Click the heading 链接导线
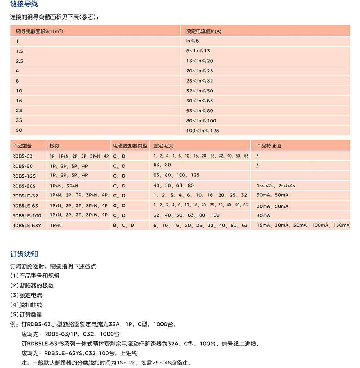point(24,5)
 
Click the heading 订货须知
point(24,254)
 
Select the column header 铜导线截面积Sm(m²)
point(40,31)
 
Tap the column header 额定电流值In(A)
point(203,31)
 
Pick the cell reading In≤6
point(193,41)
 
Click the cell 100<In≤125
point(203,131)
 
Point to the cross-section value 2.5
point(20,61)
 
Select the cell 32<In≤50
point(200,91)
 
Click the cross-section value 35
point(19,120)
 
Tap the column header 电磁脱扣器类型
point(130,146)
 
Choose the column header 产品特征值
point(268,146)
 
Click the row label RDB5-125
point(24,176)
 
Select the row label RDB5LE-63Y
point(26,226)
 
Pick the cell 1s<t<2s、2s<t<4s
point(276,186)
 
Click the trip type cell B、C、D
point(124,226)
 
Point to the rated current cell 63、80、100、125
point(176,175)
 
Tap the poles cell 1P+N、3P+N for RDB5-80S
point(64,186)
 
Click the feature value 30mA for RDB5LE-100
point(263,215)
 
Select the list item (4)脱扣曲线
point(26,305)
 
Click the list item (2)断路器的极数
point(32,286)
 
